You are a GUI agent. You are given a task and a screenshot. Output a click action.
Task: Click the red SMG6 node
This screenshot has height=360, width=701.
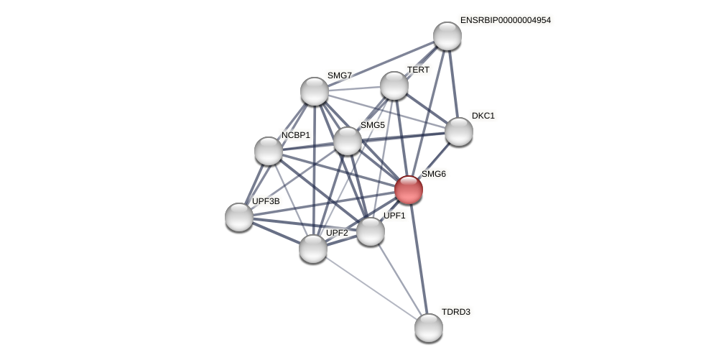[x=409, y=190]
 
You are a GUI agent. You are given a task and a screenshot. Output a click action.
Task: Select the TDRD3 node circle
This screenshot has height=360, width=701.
[x=429, y=328]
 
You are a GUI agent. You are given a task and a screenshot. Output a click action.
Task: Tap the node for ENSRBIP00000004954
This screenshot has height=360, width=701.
[x=447, y=36]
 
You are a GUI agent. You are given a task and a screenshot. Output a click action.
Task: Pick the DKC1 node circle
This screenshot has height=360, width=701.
[x=459, y=131]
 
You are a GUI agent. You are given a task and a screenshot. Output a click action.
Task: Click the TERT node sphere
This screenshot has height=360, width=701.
[x=394, y=86]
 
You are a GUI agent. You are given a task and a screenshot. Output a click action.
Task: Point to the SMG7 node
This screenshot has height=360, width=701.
[x=315, y=91]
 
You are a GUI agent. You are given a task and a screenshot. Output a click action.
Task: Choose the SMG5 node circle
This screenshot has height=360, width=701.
[x=348, y=141]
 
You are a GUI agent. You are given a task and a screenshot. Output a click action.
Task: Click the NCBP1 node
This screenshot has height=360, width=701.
[x=269, y=151]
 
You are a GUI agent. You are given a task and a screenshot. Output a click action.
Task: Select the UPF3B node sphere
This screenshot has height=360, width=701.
[x=239, y=217]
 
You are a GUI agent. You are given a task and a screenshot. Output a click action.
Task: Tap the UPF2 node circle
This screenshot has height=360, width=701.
[x=313, y=249]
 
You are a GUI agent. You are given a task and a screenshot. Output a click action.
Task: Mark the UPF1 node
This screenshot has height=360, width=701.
[x=371, y=231]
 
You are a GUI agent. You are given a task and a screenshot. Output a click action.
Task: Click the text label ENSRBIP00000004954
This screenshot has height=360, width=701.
[x=505, y=20]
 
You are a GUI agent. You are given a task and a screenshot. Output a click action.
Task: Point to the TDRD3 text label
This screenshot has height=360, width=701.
[x=455, y=312]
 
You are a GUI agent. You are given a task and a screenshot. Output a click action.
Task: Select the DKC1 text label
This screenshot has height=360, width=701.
[x=483, y=116]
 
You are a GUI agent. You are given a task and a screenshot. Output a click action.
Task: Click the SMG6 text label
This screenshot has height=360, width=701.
[x=433, y=174]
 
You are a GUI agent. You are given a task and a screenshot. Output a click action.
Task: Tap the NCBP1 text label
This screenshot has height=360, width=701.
[x=295, y=135]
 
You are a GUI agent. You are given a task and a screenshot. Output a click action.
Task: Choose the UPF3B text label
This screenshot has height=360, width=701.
[x=266, y=201]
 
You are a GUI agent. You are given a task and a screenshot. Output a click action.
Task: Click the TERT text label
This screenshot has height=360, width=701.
[x=418, y=70]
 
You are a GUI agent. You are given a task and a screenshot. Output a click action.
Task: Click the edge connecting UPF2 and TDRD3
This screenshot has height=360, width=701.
[x=371, y=288]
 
